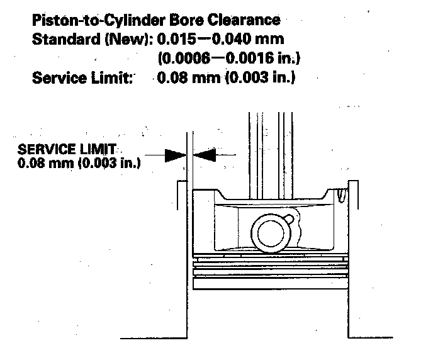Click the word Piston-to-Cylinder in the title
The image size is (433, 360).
click(x=88, y=21)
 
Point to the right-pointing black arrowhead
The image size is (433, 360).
click(x=176, y=153)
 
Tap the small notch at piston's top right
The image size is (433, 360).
click(x=340, y=196)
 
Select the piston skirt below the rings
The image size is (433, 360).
click(x=271, y=315)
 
